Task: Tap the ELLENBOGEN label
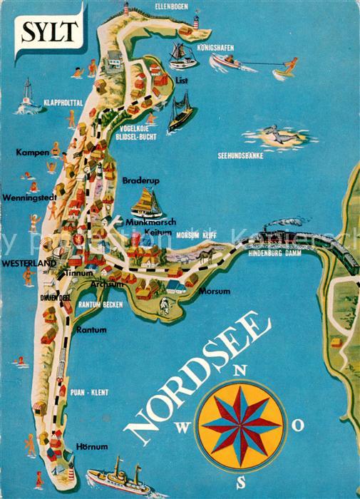[175, 8]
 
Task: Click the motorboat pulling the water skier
[227, 62]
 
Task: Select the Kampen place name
[31, 153]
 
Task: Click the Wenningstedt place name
[24, 197]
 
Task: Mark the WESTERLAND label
[29, 263]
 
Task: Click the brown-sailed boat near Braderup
[146, 202]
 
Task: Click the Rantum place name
[91, 330]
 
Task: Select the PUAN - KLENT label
[90, 392]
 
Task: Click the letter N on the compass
[240, 369]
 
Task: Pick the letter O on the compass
[299, 425]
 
